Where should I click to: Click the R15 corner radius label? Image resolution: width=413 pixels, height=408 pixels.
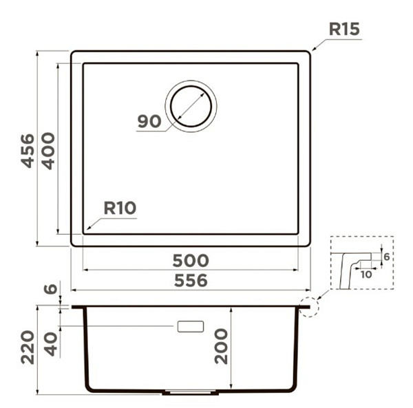click(x=344, y=29)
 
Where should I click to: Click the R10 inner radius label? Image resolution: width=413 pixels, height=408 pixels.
click(x=120, y=208)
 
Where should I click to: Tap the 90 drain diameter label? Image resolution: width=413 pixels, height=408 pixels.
click(x=149, y=121)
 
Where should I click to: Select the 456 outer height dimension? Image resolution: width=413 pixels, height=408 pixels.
click(x=28, y=151)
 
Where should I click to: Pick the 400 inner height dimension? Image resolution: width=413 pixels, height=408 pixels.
click(x=48, y=151)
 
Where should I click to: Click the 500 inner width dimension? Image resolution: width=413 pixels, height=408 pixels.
click(x=191, y=261)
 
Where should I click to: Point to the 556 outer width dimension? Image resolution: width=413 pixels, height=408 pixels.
click(x=191, y=280)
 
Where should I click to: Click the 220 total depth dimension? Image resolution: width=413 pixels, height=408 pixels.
click(x=28, y=347)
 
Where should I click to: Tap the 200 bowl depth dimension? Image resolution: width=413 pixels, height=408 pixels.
click(x=221, y=346)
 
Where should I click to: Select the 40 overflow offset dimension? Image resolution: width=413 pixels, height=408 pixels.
click(x=50, y=345)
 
